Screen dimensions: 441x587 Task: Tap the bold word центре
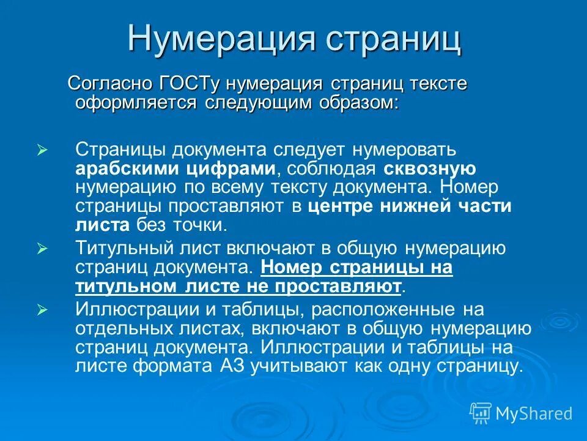(x=344, y=206)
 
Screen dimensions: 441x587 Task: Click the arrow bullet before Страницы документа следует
(x=42, y=150)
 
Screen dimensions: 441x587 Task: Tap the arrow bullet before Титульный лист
(x=42, y=249)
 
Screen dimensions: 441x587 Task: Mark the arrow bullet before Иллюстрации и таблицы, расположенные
(x=42, y=310)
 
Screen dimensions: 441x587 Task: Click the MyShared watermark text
(x=534, y=413)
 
